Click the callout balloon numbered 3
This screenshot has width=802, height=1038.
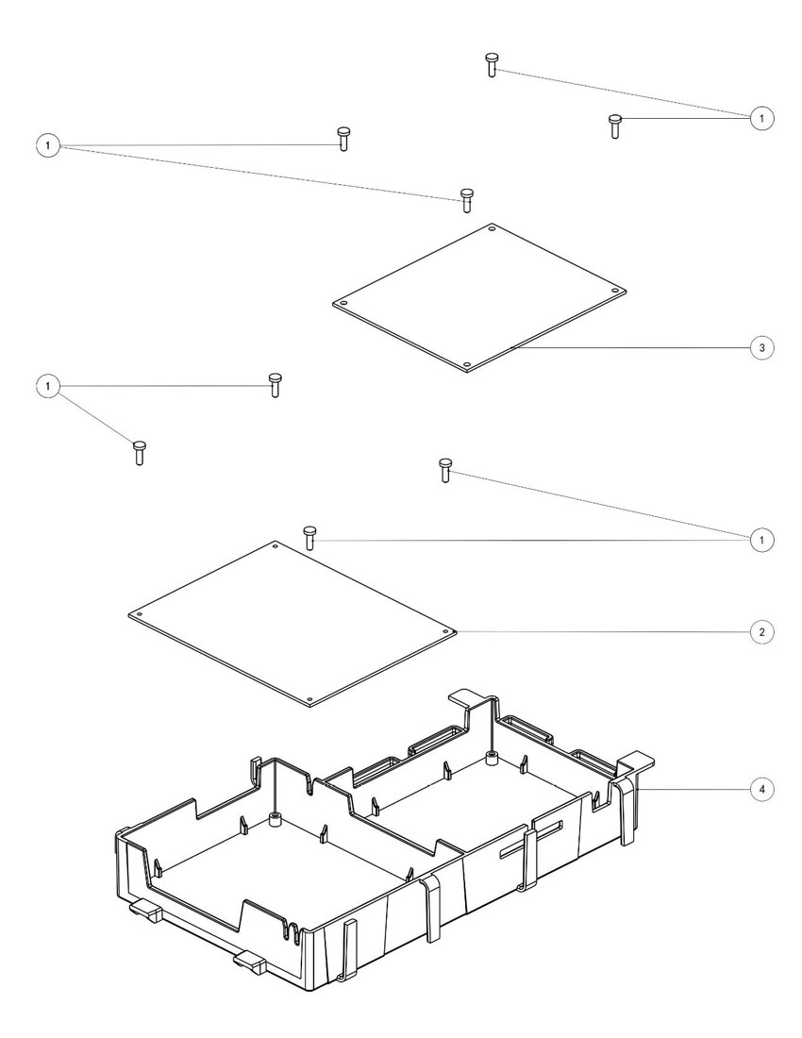pyautogui.click(x=762, y=348)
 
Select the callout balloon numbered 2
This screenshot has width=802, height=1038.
pyautogui.click(x=762, y=631)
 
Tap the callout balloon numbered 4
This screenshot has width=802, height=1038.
pyautogui.click(x=762, y=788)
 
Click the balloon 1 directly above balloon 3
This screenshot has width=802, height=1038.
pyautogui.click(x=762, y=118)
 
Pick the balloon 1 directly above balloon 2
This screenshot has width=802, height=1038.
pyautogui.click(x=762, y=540)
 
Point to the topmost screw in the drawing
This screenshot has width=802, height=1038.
pyautogui.click(x=492, y=65)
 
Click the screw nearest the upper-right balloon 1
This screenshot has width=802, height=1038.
pyautogui.click(x=615, y=125)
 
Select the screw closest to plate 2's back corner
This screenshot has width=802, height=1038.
pyautogui.click(x=309, y=538)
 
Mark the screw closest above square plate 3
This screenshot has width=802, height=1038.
pyautogui.click(x=466, y=200)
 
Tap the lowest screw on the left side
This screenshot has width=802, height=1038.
pyautogui.click(x=140, y=453)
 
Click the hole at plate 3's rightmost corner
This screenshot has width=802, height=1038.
pyautogui.click(x=615, y=290)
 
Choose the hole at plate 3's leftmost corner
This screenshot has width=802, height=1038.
pyautogui.click(x=343, y=304)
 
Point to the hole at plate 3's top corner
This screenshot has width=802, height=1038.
pyautogui.click(x=492, y=227)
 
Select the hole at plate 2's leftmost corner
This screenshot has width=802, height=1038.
pyautogui.click(x=139, y=614)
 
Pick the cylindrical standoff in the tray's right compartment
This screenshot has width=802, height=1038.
pyautogui.click(x=491, y=757)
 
